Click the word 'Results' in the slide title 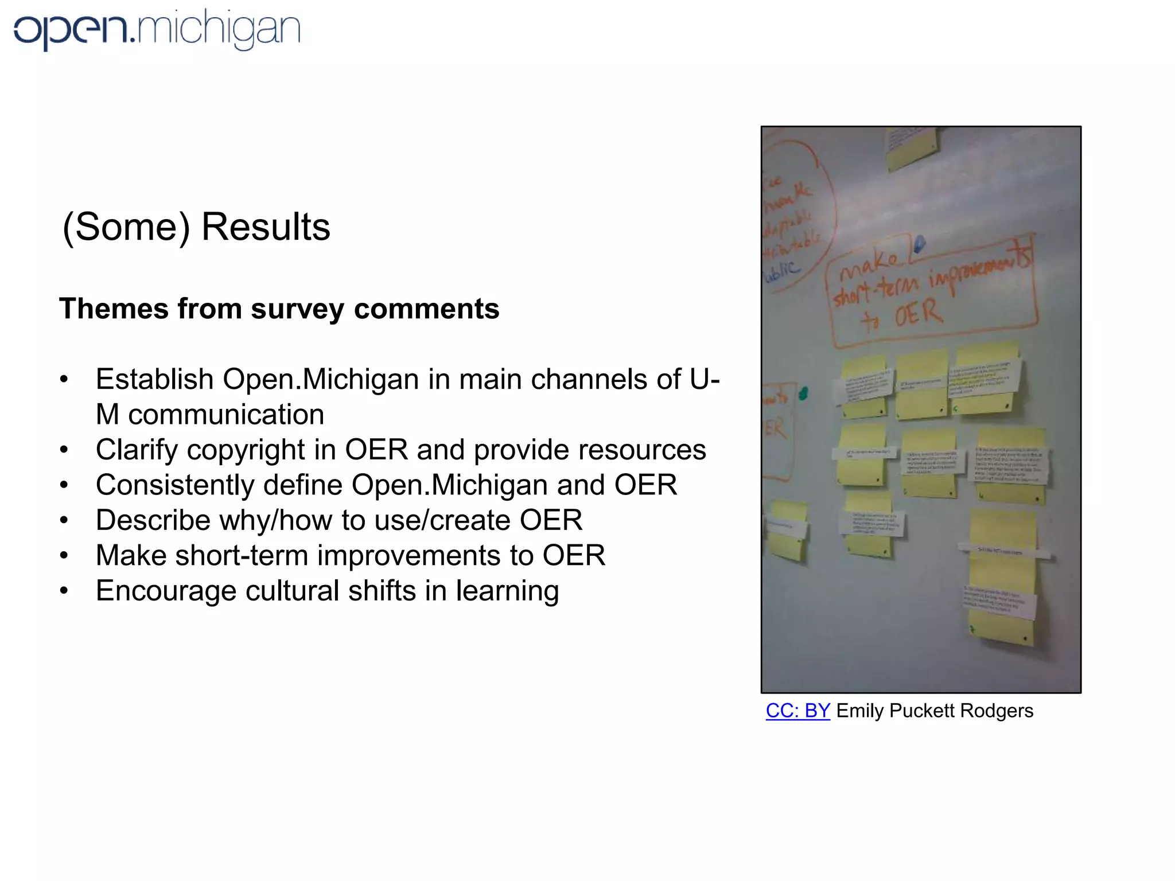266,227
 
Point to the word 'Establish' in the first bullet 154,380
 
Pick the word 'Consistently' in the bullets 174,485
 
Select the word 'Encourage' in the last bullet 166,591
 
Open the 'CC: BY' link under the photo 797,711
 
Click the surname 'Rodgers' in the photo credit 997,711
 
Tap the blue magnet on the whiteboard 919,244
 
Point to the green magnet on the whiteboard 803,393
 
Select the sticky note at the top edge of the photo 912,146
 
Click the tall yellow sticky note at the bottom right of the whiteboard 1003,579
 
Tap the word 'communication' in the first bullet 226,415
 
